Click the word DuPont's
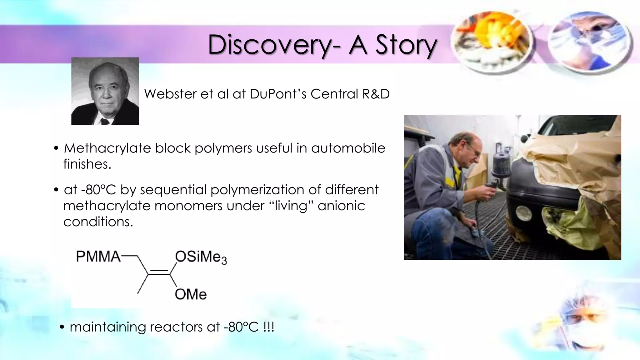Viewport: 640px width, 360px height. (x=278, y=94)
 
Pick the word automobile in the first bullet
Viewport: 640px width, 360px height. (x=348, y=148)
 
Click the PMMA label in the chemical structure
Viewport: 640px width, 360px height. (x=98, y=257)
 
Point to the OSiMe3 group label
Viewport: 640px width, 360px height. (x=201, y=257)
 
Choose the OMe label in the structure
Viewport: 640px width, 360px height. (x=191, y=294)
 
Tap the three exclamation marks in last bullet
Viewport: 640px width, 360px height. (x=269, y=327)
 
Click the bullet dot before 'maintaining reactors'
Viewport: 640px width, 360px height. (x=62, y=327)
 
